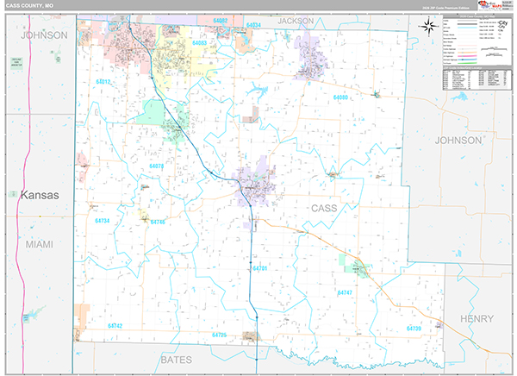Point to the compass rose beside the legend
[426, 26]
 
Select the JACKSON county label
[296, 22]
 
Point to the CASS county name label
[324, 209]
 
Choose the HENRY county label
[477, 319]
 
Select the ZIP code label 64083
[200, 42]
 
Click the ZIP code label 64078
[157, 165]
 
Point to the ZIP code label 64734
[103, 221]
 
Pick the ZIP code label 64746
[158, 222]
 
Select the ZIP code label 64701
[260, 269]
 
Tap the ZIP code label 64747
[345, 293]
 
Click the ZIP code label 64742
[115, 325]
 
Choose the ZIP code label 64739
[414, 329]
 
